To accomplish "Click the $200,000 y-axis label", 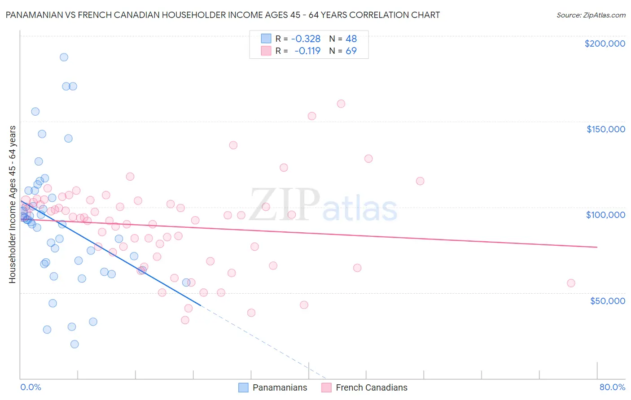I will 605,43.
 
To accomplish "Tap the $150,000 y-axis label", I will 605,129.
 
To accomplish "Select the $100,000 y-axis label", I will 605,215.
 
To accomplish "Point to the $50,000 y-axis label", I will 607,300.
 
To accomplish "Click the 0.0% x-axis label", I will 31,387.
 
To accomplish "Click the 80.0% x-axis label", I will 612,387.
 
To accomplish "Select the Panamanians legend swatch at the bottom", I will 243,387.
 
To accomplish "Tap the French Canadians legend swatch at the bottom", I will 326,387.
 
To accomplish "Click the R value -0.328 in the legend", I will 306,39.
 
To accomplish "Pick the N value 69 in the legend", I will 351,51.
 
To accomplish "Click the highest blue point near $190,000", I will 64,57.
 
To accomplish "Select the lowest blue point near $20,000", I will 74,344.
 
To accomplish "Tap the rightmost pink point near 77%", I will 571,283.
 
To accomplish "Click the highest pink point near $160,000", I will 341,104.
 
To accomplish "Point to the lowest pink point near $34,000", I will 185,320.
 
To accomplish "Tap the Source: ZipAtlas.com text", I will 591,15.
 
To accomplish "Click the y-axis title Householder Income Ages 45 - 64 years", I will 12,204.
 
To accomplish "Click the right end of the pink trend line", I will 597,247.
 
